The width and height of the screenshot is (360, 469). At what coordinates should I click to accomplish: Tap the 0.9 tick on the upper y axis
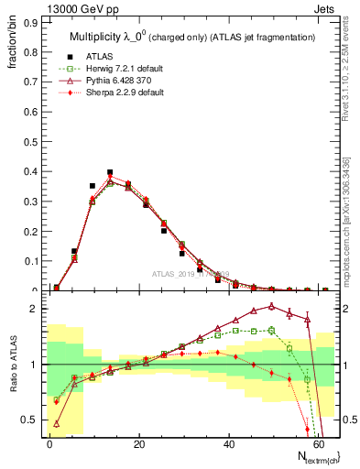[x=31, y=20]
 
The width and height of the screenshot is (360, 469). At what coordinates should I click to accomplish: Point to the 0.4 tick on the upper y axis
[x=31, y=171]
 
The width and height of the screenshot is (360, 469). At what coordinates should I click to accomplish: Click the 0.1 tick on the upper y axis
[x=31, y=261]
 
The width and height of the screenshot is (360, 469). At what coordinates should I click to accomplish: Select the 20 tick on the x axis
[x=138, y=442]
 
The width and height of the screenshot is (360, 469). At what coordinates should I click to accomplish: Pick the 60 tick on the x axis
[x=316, y=442]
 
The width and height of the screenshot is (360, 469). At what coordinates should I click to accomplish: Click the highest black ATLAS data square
[x=110, y=172]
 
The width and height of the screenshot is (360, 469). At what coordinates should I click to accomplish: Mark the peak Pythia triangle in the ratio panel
[x=272, y=306]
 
